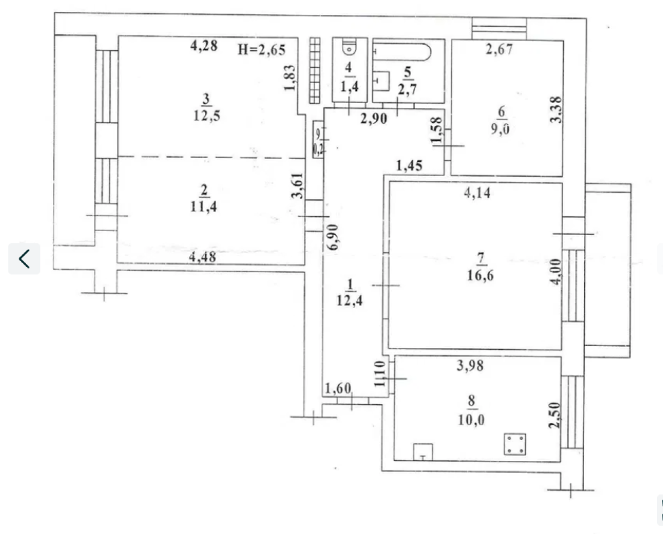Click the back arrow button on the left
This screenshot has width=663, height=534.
coord(24,259)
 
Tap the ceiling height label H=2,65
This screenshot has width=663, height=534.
coord(261,50)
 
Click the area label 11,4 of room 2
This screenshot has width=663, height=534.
coord(204,206)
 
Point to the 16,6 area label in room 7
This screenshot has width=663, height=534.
coord(480,276)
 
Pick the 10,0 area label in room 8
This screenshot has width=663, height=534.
coord(471,420)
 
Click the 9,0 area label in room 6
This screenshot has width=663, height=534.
coord(500,129)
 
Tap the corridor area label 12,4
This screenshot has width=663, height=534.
coord(349,300)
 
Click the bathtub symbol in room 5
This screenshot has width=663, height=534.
coord(403,52)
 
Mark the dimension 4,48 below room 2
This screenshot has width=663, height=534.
coord(203,257)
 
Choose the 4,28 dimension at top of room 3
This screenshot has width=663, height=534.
coord(204,46)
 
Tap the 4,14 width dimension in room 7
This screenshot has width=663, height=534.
coord(477,193)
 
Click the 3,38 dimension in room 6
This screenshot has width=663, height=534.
coord(556,109)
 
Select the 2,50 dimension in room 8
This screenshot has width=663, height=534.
coord(555,414)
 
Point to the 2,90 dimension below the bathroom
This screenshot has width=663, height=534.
coord(373,119)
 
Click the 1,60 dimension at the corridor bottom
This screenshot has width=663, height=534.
coord(338,388)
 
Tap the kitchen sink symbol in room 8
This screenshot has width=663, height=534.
coord(423,452)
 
